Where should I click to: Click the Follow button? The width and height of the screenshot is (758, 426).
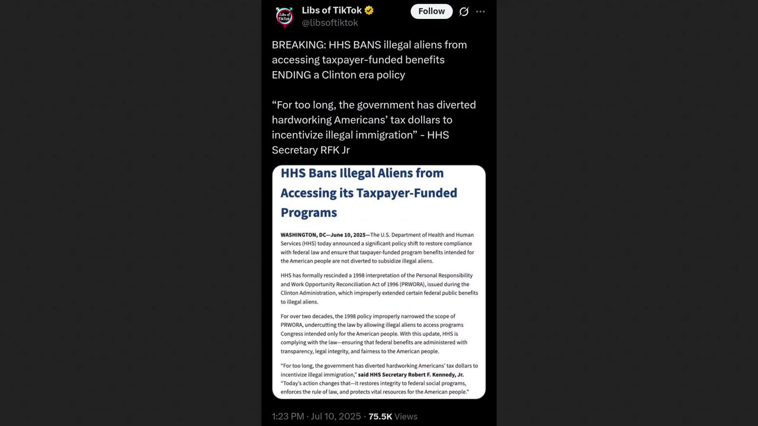pyautogui.click(x=431, y=11)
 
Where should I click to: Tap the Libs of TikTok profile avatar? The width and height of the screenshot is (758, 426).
pyautogui.click(x=285, y=17)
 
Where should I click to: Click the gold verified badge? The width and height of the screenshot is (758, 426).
pyautogui.click(x=369, y=10)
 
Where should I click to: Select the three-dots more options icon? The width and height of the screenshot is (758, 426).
pyautogui.click(x=480, y=11)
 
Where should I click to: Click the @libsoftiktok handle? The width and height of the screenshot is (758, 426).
pyautogui.click(x=330, y=22)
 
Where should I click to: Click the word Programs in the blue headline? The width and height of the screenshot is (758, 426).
pyautogui.click(x=309, y=212)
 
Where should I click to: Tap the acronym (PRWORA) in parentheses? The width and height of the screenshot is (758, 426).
pyautogui.click(x=411, y=284)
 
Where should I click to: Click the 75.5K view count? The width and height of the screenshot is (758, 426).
pyautogui.click(x=380, y=417)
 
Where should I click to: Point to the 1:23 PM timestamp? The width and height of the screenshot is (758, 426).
pyautogui.click(x=288, y=417)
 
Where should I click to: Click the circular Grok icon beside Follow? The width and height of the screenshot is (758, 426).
pyautogui.click(x=464, y=11)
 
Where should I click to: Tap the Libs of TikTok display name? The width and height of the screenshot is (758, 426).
pyautogui.click(x=332, y=10)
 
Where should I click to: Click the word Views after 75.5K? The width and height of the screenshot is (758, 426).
pyautogui.click(x=406, y=417)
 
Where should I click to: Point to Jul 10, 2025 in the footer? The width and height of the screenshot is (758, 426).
pyautogui.click(x=336, y=417)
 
